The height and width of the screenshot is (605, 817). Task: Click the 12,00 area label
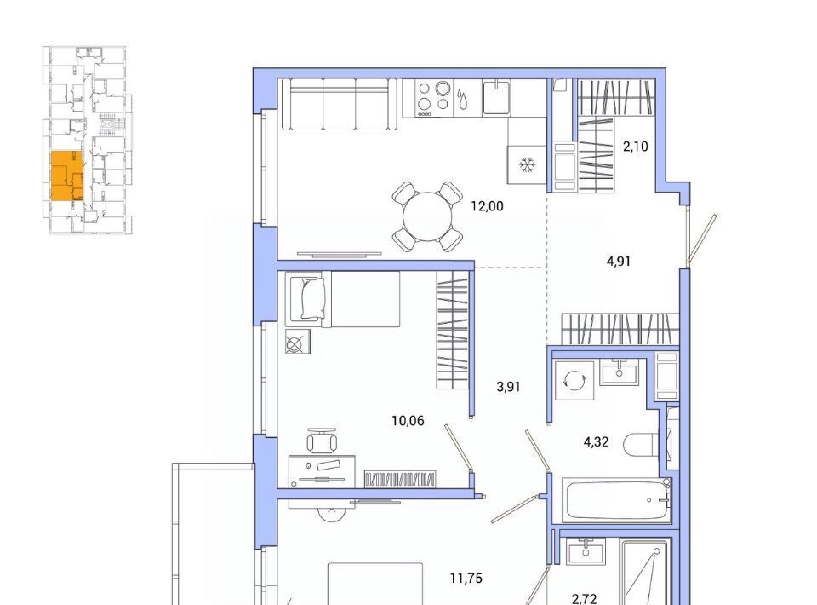(487, 206)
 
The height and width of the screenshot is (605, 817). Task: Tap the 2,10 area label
(636, 147)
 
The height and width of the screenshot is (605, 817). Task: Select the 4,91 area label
(619, 262)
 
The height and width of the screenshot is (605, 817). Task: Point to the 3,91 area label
(509, 387)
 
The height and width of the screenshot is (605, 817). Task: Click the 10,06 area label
(408, 420)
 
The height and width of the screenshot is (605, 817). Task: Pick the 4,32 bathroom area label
(596, 442)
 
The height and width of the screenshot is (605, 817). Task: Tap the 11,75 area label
(466, 579)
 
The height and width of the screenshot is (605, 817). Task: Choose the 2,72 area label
(584, 599)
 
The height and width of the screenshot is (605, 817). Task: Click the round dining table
(427, 216)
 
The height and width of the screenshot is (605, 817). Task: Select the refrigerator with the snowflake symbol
(527, 164)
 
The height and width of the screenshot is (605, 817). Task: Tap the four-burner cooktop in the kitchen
(434, 98)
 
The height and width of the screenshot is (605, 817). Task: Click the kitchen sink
(496, 97)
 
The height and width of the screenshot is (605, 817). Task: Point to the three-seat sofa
(339, 104)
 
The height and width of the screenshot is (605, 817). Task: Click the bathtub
(616, 499)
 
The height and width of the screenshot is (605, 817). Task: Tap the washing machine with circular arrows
(574, 380)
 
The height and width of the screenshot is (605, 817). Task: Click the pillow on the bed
(312, 298)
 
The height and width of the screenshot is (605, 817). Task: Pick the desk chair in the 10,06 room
(322, 441)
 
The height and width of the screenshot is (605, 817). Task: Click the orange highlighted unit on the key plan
(66, 176)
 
